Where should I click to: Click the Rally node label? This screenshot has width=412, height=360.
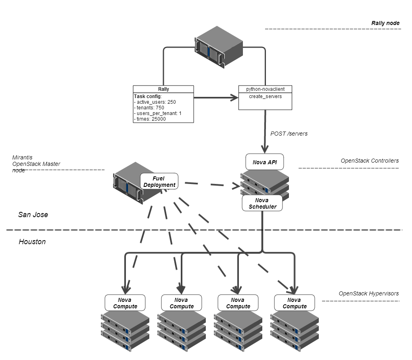[385, 23]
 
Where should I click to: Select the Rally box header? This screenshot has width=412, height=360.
[163, 89]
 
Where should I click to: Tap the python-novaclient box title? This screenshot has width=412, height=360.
[265, 89]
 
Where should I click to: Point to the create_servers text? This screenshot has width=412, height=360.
[265, 96]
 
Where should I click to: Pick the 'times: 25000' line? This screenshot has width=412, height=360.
[151, 119]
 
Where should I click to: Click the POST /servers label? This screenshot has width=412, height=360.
[289, 134]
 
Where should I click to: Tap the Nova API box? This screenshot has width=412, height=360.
[265, 162]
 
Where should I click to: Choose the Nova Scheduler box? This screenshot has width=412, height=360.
[262, 203]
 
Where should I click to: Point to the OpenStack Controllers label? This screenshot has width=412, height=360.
[370, 161]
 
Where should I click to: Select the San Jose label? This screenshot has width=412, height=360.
[33, 215]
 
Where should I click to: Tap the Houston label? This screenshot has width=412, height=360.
[32, 242]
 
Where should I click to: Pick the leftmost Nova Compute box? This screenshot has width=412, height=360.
[125, 303]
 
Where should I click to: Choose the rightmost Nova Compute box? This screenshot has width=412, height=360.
[294, 303]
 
